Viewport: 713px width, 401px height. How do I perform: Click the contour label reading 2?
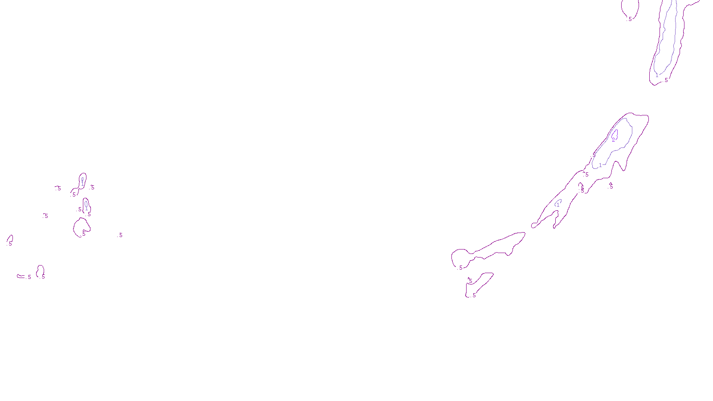613,140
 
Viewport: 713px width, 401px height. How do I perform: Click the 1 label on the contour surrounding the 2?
600,165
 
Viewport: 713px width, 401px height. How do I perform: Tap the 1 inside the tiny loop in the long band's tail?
557,205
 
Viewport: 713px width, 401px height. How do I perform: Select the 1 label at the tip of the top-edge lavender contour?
657,75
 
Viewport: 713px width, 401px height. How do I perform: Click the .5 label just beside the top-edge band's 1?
666,80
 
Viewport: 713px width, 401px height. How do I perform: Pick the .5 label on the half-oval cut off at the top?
630,19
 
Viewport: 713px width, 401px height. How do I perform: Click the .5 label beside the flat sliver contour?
29,277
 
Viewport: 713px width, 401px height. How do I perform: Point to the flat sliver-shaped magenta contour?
20,276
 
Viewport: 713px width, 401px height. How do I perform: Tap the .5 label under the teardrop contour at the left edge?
10,244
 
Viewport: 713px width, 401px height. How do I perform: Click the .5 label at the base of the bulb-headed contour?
459,268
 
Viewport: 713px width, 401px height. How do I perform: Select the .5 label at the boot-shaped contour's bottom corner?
473,295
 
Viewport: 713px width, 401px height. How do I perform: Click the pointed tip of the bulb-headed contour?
525,233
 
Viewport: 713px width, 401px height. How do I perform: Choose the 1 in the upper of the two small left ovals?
82,183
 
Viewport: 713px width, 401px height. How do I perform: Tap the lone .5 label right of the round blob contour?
120,235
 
